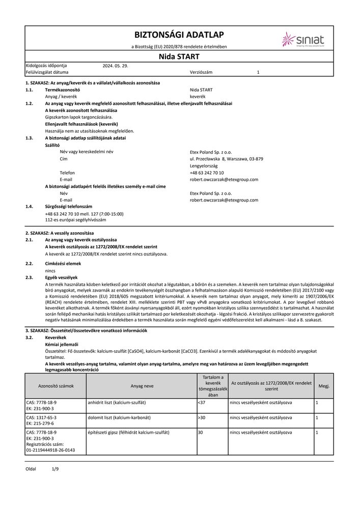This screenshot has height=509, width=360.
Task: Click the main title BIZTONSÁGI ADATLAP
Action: point(178,35)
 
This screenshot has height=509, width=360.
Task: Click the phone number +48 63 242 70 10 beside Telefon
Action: point(206,173)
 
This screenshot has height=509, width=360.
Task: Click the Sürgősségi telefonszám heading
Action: point(69,207)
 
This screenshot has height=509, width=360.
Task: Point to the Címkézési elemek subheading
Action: point(63,264)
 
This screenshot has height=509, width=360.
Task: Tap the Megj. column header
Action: point(324,386)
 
